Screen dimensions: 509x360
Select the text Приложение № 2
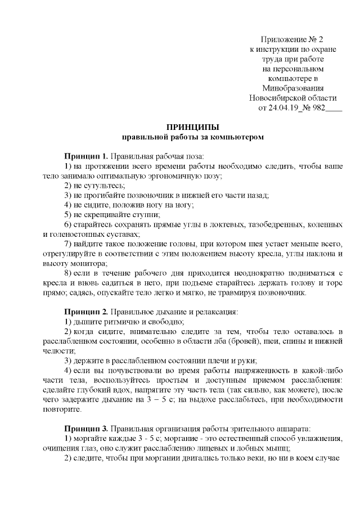[292, 39]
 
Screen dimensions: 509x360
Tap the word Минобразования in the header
[292, 88]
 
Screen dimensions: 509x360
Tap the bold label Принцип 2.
[85, 311]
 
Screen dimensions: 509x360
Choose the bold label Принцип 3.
[85, 428]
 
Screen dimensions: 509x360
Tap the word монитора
[83, 263]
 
